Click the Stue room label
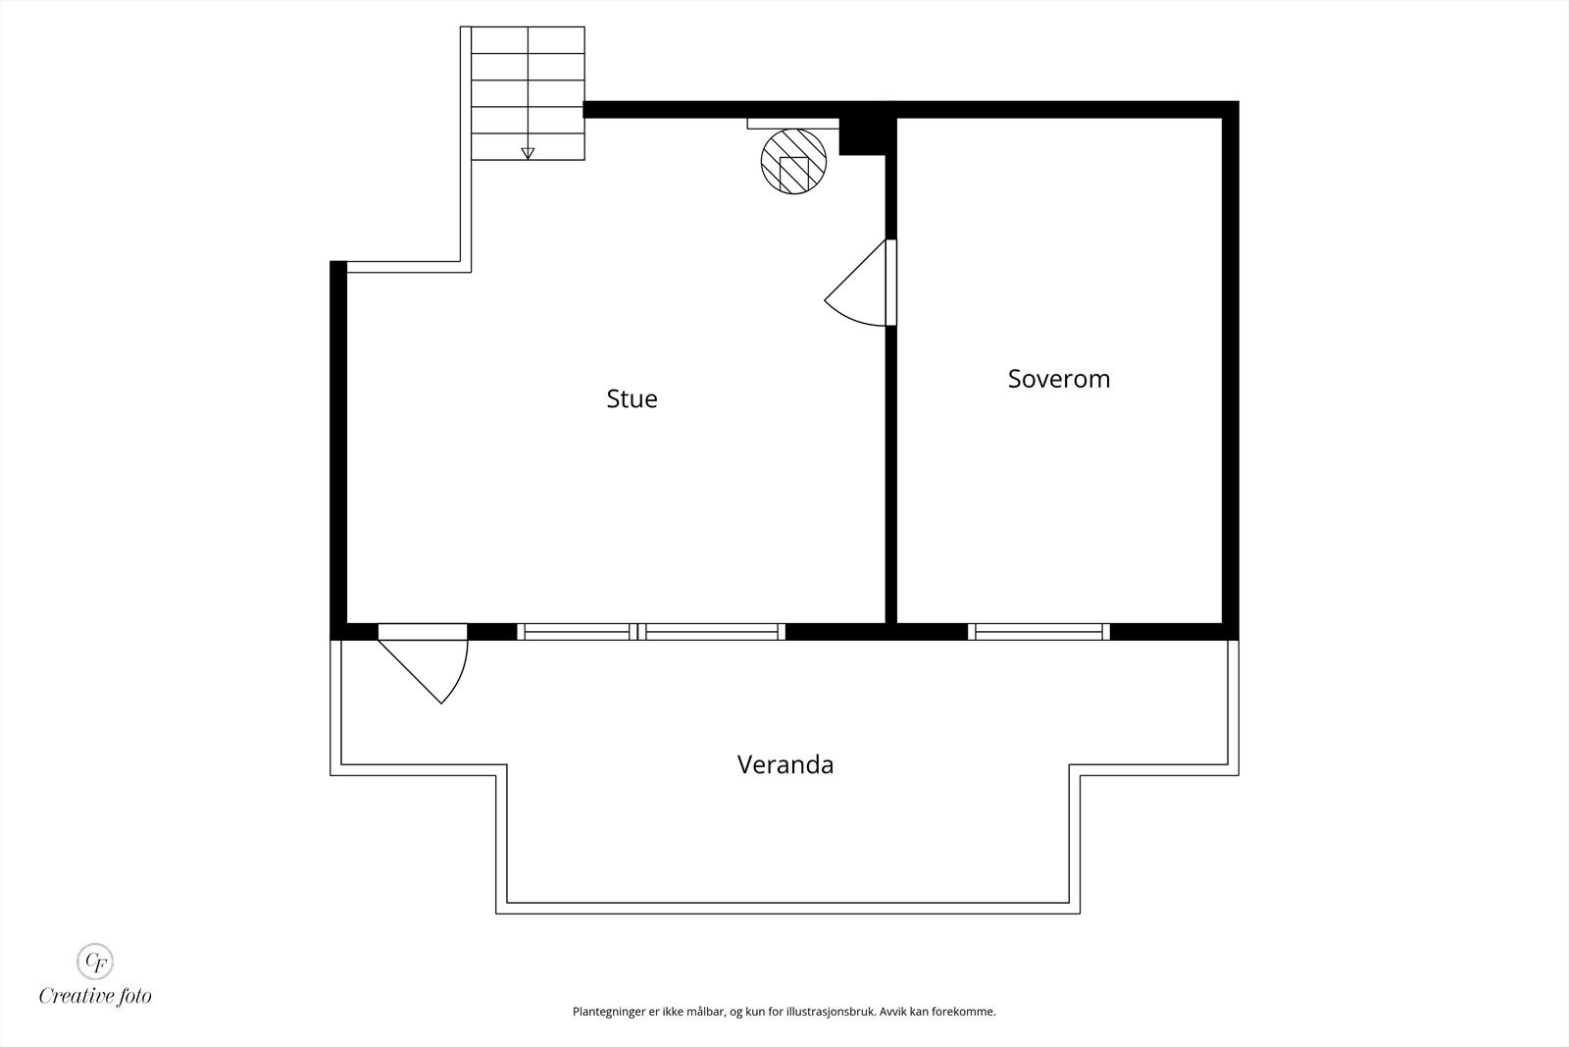(632, 398)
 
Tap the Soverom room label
(1059, 379)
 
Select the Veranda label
(784, 764)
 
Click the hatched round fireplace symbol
(793, 162)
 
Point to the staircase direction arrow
(528, 152)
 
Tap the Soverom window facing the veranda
(1039, 632)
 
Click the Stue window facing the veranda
(651, 632)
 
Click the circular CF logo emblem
(95, 960)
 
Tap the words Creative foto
(95, 996)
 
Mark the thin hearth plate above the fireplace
(792, 124)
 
